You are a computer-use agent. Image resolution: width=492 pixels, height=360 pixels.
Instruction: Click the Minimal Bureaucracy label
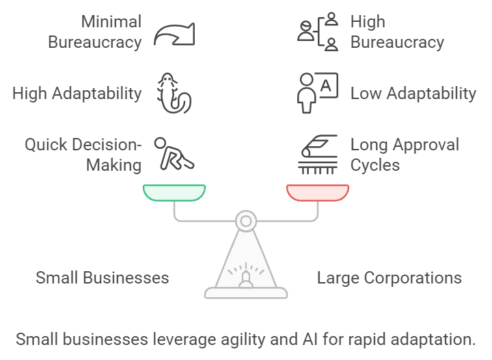[94, 31]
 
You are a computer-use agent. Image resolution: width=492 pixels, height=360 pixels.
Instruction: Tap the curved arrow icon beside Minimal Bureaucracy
[174, 33]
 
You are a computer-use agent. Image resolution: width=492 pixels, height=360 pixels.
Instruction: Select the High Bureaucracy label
[397, 31]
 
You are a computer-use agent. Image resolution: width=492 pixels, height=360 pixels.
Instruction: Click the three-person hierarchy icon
[318, 32]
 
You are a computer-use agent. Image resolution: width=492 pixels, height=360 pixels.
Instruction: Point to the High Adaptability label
[77, 93]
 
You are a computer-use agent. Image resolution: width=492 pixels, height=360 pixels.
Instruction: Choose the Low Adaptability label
[413, 93]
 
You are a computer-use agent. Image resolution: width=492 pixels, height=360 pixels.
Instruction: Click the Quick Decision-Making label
[83, 154]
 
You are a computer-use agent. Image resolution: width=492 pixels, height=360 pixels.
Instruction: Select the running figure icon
[173, 153]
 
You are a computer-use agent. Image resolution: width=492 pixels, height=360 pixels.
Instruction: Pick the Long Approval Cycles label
[405, 154]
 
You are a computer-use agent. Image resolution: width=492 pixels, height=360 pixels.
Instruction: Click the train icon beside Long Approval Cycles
[318, 153]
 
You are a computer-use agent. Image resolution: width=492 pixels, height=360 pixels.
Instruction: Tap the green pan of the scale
[174, 193]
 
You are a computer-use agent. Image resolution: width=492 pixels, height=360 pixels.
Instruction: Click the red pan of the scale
[318, 193]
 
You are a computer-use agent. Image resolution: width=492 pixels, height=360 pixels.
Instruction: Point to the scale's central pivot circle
[245, 220]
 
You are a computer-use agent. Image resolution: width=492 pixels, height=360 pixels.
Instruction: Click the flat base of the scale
[246, 293]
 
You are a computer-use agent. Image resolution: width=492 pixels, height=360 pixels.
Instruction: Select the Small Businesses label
[102, 278]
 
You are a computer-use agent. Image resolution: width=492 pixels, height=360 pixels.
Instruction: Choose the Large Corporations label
[389, 278]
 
